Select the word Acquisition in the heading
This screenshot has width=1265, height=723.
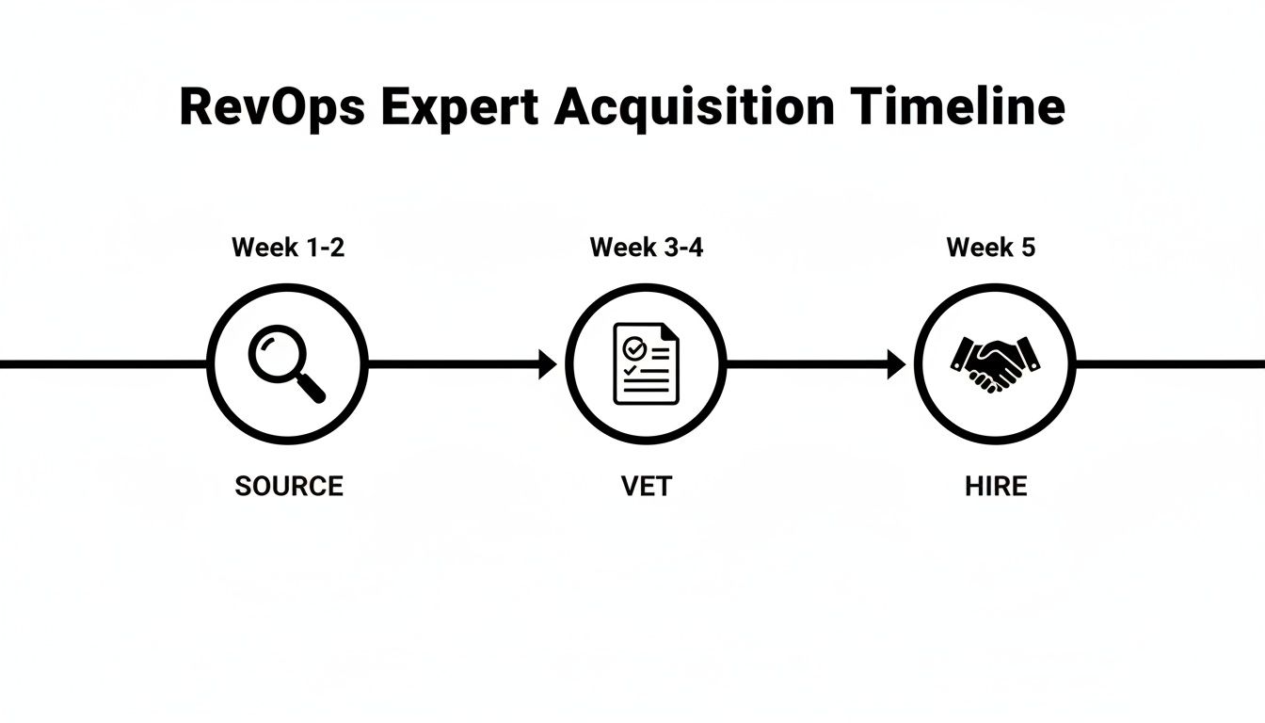(694, 108)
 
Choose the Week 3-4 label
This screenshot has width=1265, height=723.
(647, 248)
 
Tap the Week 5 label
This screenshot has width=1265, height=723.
(990, 248)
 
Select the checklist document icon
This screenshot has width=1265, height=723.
(646, 364)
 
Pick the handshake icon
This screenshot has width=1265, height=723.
(995, 363)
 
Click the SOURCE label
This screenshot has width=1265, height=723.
(289, 486)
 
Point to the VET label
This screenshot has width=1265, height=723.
(647, 486)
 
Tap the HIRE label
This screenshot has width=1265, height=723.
(996, 486)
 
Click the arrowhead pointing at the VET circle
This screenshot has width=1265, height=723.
(548, 364)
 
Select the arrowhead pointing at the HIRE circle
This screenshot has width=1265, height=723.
(897, 364)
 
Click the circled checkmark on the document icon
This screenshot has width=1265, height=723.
(635, 347)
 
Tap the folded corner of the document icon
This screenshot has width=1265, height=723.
(669, 332)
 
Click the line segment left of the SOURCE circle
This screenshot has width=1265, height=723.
(104, 364)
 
